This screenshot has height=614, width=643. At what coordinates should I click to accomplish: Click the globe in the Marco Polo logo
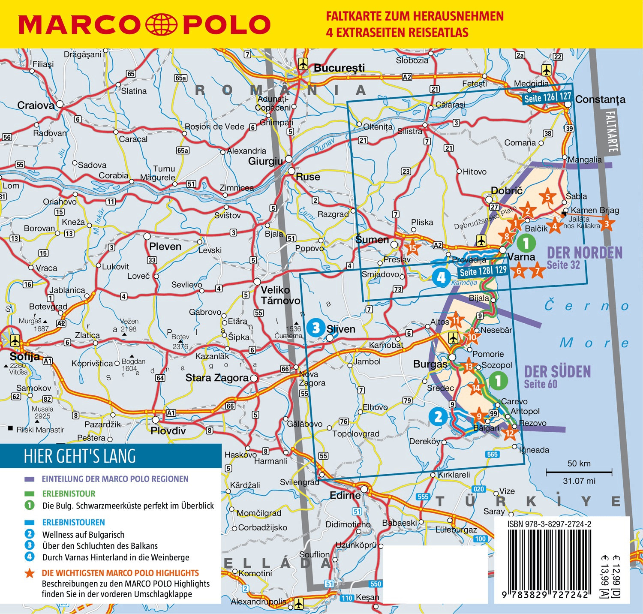[x=162, y=24]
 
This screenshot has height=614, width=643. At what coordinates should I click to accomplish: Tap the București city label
[x=339, y=68]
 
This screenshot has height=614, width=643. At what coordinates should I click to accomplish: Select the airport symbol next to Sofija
[x=15, y=341]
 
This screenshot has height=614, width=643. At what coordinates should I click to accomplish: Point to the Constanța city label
[x=600, y=99]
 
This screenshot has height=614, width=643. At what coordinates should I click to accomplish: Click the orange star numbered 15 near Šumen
[x=412, y=247]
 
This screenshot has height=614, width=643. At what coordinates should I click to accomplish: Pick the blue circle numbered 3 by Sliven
[x=316, y=328]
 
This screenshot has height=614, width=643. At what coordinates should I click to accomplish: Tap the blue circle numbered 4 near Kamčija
[x=441, y=277]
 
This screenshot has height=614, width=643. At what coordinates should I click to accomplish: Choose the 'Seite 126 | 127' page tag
[x=547, y=98]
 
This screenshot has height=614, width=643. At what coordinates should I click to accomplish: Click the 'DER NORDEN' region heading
[x=585, y=253]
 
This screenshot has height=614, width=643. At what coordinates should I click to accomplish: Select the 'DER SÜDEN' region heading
[x=557, y=371]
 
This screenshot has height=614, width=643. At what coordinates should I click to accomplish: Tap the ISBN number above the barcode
[x=549, y=524]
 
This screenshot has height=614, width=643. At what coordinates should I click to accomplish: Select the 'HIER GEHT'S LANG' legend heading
[x=80, y=456]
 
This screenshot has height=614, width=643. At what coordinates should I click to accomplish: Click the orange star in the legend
[x=30, y=573]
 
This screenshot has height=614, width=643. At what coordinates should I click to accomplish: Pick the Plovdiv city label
[x=168, y=430]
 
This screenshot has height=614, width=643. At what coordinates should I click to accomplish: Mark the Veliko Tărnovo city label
[x=280, y=295]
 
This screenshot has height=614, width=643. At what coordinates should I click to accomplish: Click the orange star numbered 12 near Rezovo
[x=509, y=433]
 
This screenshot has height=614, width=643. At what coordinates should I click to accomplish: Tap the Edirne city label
[x=345, y=495]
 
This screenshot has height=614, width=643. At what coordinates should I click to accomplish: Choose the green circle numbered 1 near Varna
[x=526, y=243]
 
